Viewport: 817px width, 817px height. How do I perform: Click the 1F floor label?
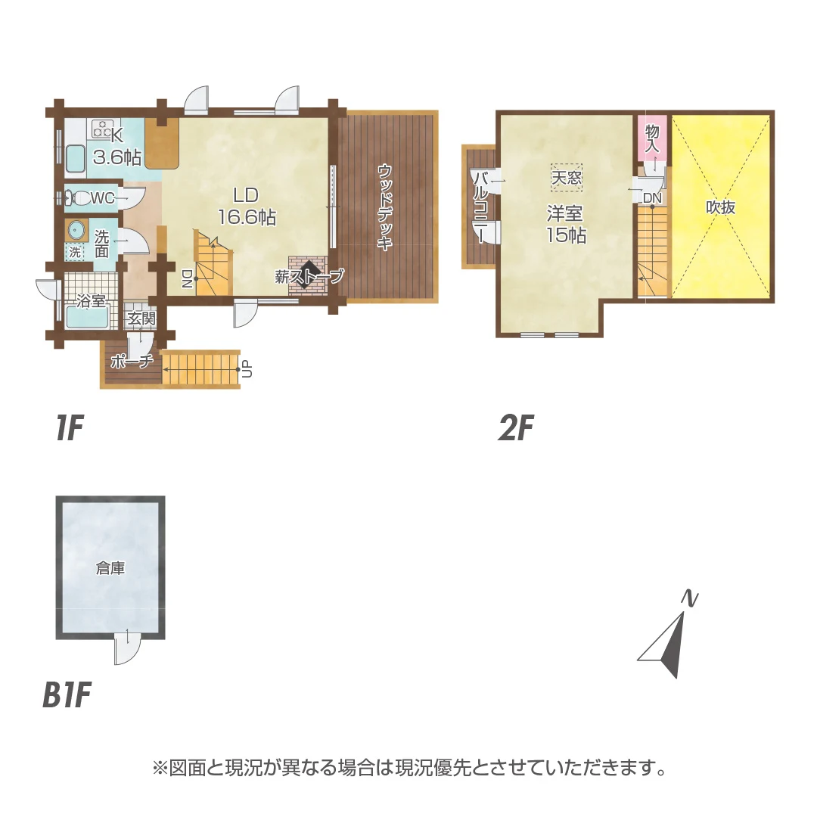[x=68, y=429]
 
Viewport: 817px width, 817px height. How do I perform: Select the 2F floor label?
[x=517, y=429]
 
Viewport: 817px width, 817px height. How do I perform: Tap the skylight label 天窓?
[x=566, y=179]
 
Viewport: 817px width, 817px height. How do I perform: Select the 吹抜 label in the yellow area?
[x=721, y=207]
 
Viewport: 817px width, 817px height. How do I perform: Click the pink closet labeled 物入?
[x=652, y=140]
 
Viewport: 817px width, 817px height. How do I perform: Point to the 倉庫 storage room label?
[x=110, y=568]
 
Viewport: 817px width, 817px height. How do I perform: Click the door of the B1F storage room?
[x=128, y=647]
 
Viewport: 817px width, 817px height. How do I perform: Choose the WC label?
[x=101, y=199]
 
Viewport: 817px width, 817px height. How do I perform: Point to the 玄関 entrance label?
[x=140, y=318]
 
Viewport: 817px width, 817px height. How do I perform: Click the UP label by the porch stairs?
[x=246, y=370]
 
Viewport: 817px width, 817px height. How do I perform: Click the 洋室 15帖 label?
[x=566, y=225]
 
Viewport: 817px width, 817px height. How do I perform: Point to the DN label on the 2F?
[x=652, y=198]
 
